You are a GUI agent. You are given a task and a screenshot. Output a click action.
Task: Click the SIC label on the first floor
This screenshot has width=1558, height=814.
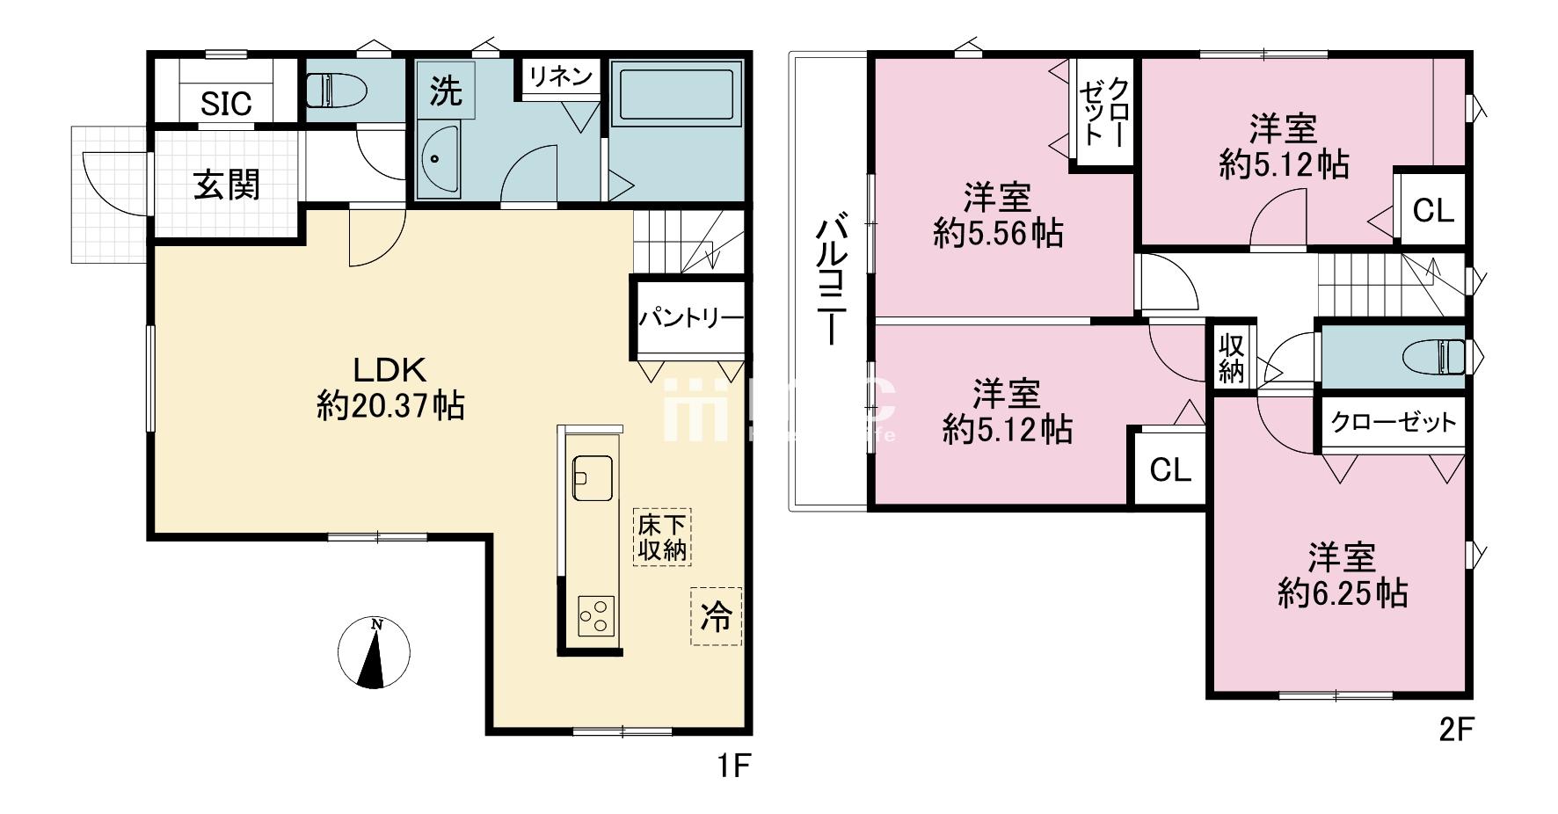[226, 104]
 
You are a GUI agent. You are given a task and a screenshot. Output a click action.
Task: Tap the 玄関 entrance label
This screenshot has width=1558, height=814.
[227, 185]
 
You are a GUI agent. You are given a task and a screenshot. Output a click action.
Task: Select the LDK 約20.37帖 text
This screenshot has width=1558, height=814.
[389, 388]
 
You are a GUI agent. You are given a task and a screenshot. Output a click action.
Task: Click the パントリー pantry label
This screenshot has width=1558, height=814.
[691, 318]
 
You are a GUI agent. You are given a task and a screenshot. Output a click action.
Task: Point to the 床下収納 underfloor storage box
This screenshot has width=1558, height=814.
[661, 537]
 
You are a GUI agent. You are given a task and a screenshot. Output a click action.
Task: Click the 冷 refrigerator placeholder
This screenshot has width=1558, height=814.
[716, 617]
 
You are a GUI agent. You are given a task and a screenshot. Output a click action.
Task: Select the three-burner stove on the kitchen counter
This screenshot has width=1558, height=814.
[595, 614]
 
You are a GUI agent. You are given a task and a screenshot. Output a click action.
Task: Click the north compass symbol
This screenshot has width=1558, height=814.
[375, 652]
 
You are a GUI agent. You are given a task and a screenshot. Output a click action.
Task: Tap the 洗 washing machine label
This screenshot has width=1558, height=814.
[446, 91]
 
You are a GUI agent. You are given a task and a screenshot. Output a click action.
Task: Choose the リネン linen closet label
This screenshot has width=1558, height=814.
[560, 76]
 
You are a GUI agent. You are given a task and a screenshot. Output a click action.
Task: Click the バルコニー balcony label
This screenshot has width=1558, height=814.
[831, 280]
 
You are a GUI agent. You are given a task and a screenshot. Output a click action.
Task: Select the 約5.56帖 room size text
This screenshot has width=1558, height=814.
[998, 233]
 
